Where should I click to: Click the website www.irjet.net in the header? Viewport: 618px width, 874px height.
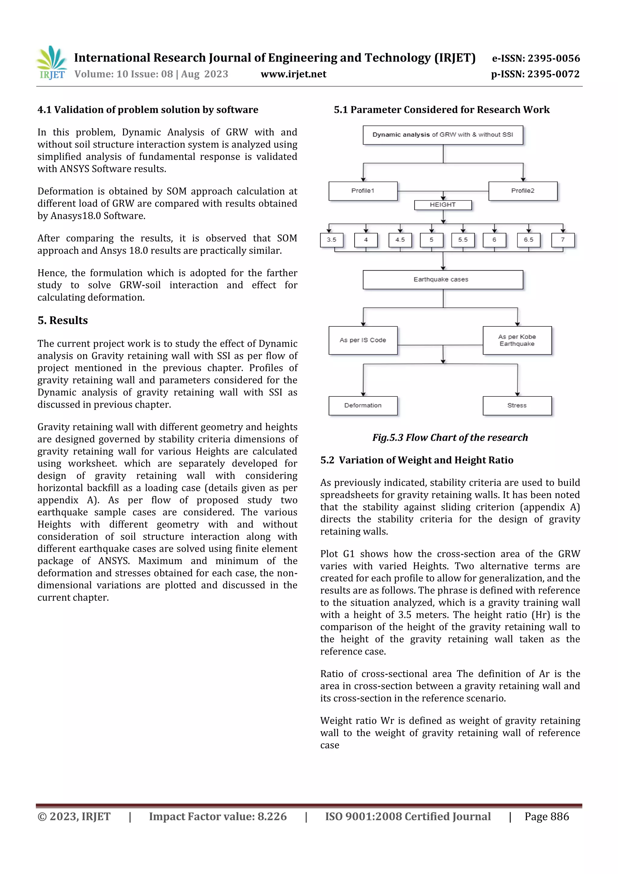[x=293, y=74]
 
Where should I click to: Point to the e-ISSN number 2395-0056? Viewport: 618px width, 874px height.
[x=536, y=58]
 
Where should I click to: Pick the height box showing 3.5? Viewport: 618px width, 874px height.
[x=331, y=240]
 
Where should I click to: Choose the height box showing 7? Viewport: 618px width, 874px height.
[x=562, y=240]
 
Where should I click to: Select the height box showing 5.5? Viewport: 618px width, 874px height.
[x=463, y=240]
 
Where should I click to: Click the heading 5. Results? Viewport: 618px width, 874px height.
[x=62, y=320]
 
